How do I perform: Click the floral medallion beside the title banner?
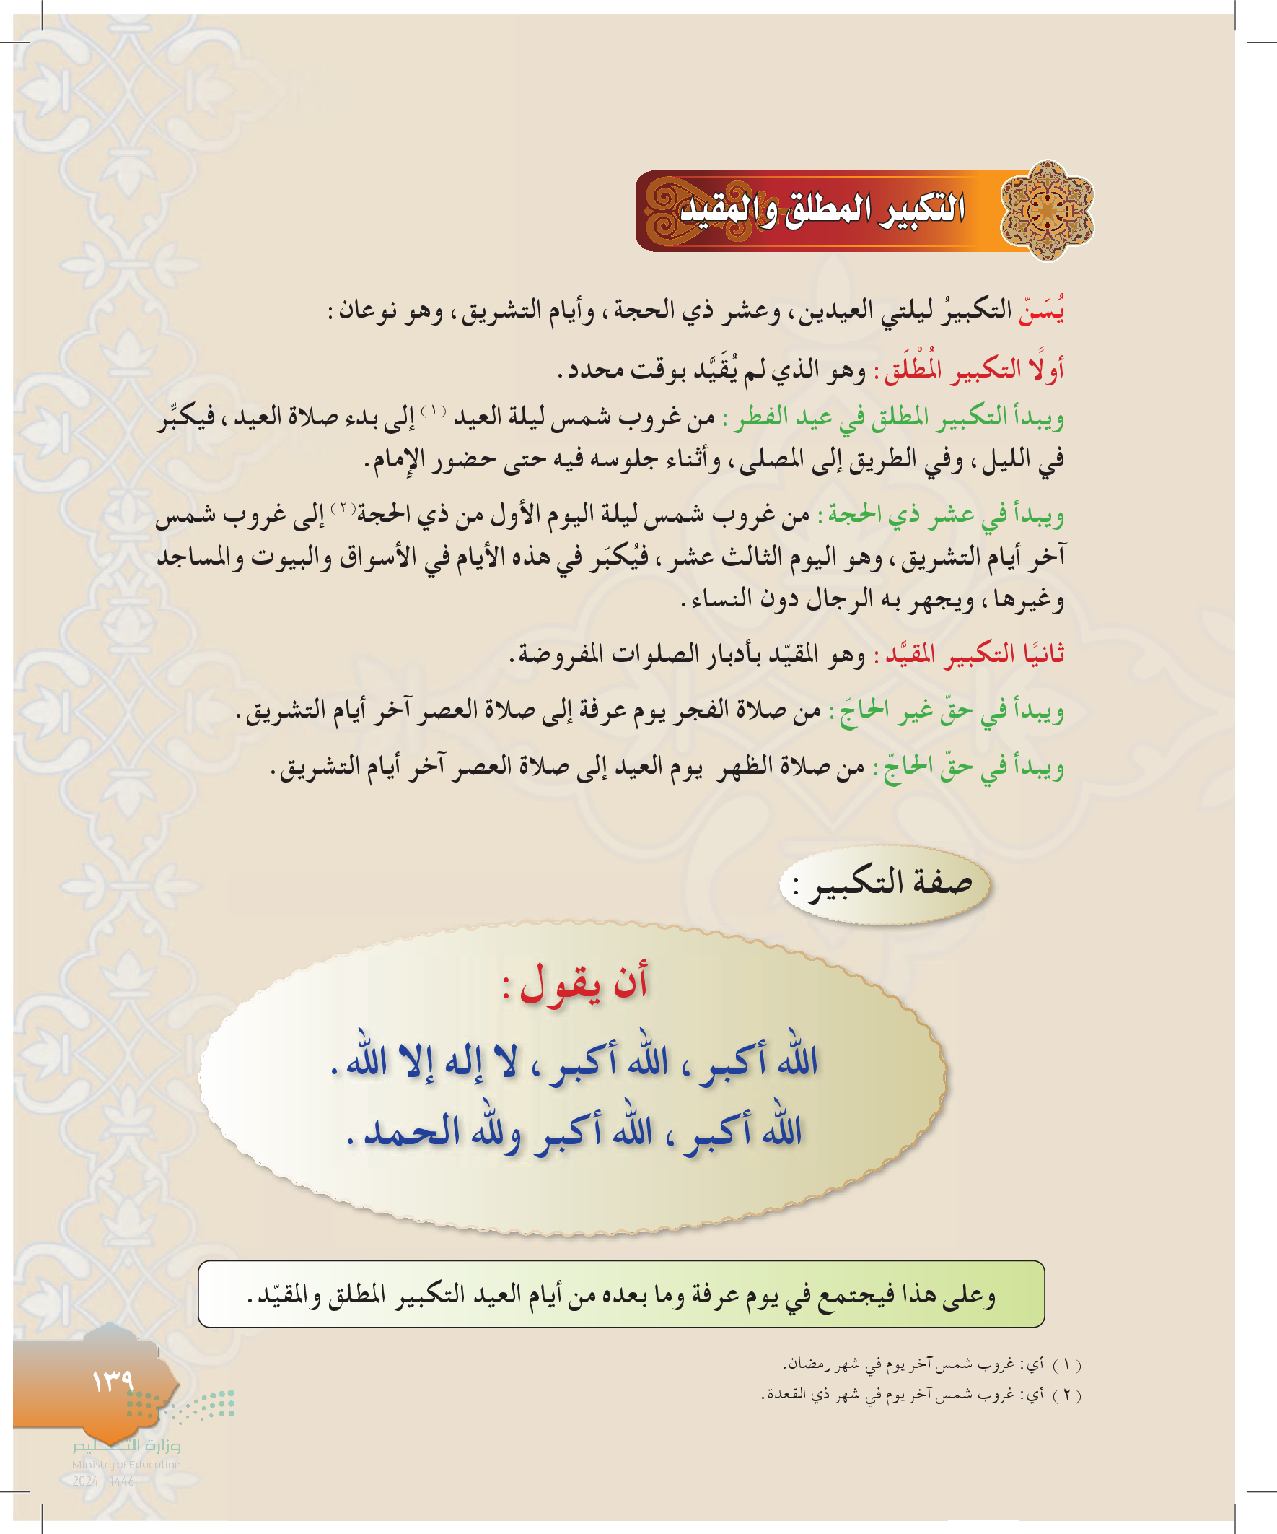click(1046, 210)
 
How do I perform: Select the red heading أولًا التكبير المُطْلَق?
click(975, 370)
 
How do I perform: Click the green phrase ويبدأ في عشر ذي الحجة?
click(942, 515)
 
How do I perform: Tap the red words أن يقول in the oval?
click(584, 983)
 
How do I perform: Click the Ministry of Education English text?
click(126, 1464)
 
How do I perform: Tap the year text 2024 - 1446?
click(103, 1481)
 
